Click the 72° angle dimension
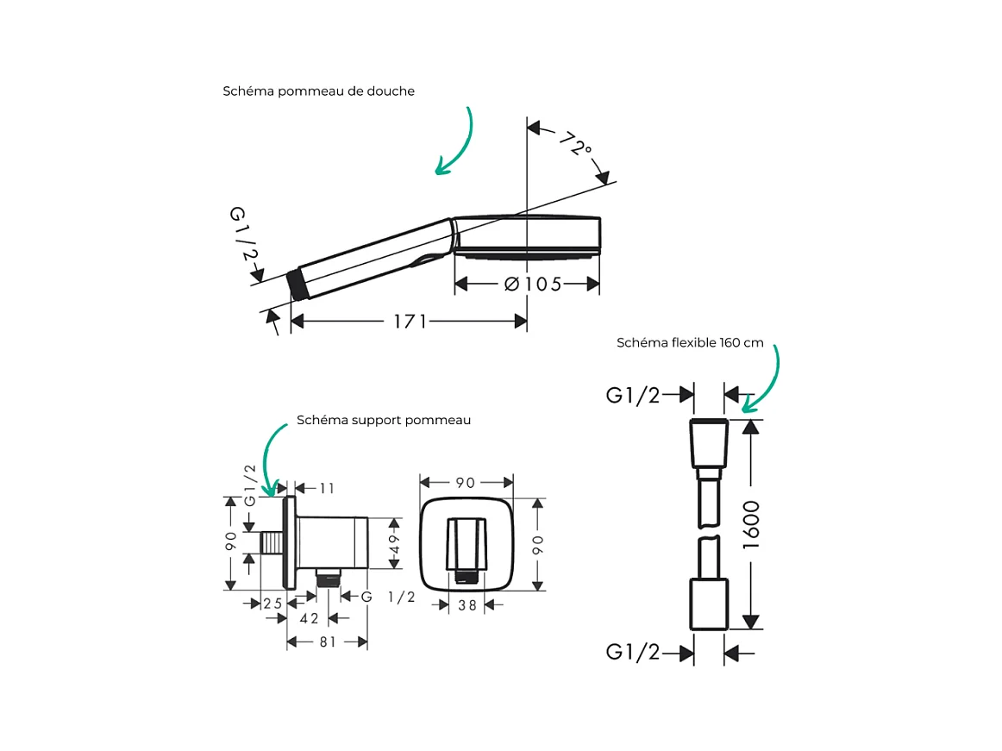(x=576, y=144)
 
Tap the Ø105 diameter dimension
(x=533, y=284)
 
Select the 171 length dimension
(x=410, y=321)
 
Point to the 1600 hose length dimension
(x=752, y=525)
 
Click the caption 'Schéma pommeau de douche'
(x=318, y=91)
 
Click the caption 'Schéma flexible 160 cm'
(x=690, y=342)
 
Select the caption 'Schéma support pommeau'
(x=384, y=420)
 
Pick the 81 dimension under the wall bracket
(x=328, y=641)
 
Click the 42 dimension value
(x=310, y=619)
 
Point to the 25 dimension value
(x=272, y=604)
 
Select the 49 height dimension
(x=394, y=544)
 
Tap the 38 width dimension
(x=467, y=605)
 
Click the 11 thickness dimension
(x=327, y=489)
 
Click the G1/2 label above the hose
(x=633, y=395)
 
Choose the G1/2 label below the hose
(x=633, y=652)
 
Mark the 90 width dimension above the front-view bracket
(x=466, y=483)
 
